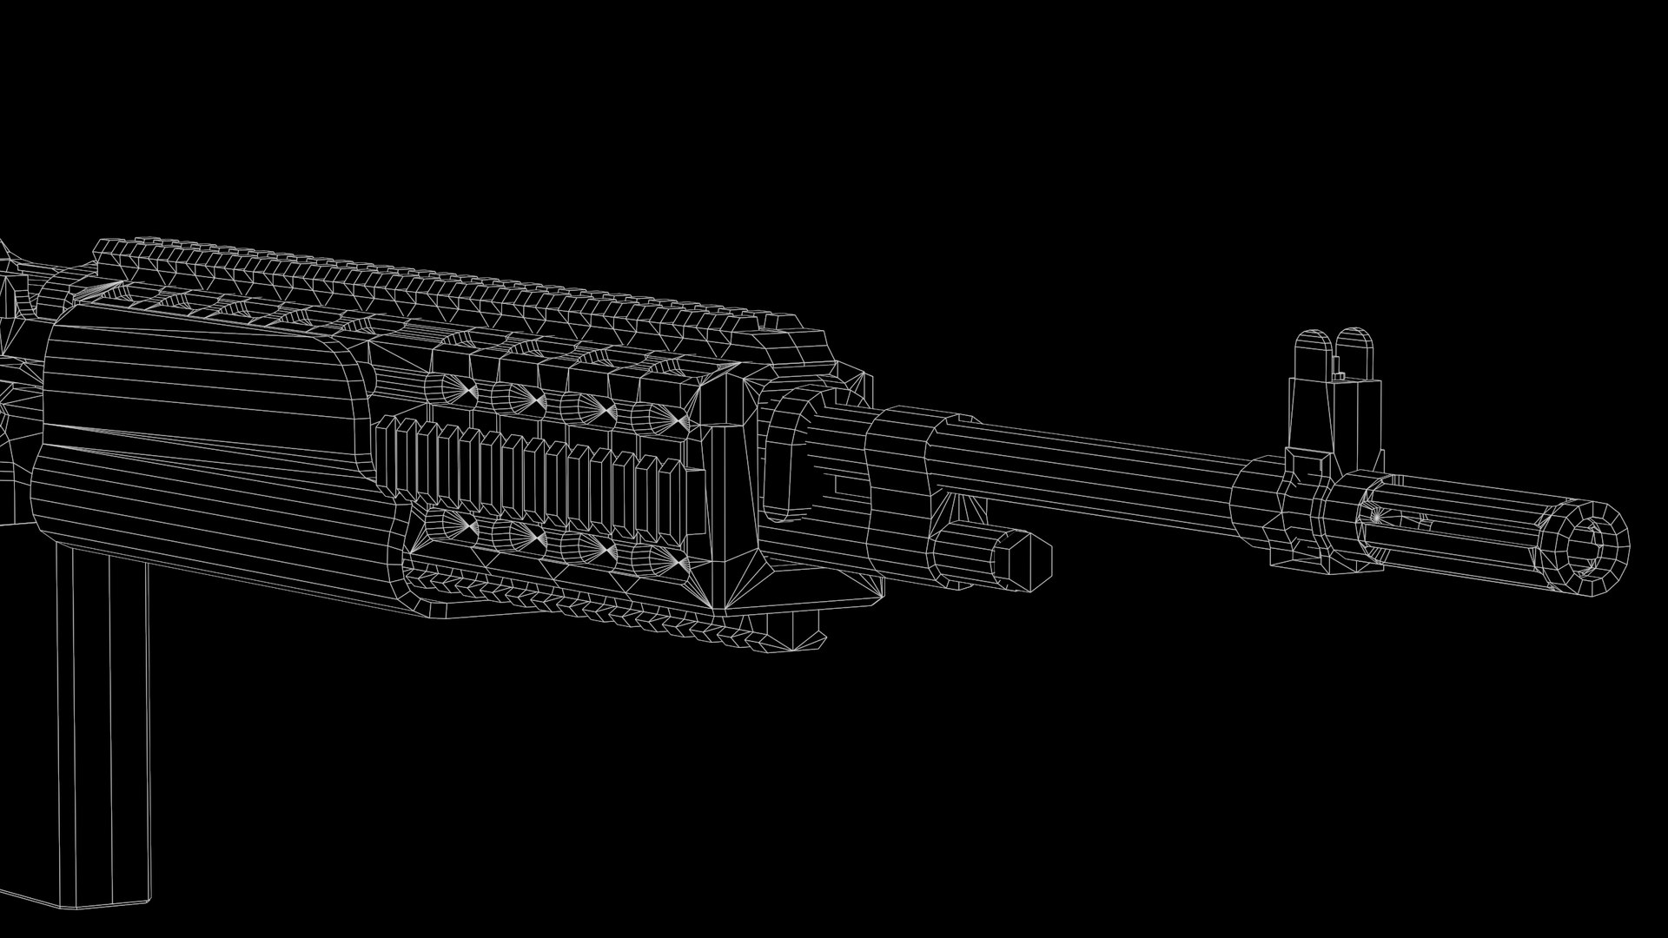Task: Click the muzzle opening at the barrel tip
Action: (x=1595, y=545)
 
